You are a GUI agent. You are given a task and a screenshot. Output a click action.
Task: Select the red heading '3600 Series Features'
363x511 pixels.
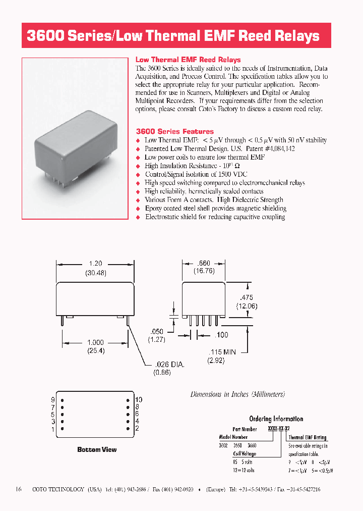[x=174, y=131]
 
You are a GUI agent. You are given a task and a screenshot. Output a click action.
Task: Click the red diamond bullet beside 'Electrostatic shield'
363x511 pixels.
[x=139, y=217]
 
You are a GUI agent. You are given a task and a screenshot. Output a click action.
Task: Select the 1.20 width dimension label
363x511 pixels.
[x=95, y=264]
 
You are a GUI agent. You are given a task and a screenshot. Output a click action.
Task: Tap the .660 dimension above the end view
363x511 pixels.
[x=204, y=263]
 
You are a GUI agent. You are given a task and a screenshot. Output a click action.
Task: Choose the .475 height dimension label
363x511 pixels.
[x=247, y=297]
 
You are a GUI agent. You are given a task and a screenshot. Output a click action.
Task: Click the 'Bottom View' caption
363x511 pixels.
[x=97, y=449]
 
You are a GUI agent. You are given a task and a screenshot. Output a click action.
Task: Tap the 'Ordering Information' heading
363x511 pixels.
[x=276, y=419]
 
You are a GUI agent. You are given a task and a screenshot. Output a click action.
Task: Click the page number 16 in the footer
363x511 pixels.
[x=19, y=489]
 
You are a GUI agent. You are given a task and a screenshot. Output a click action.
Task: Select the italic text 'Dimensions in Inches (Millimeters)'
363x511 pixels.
[x=237, y=394]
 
